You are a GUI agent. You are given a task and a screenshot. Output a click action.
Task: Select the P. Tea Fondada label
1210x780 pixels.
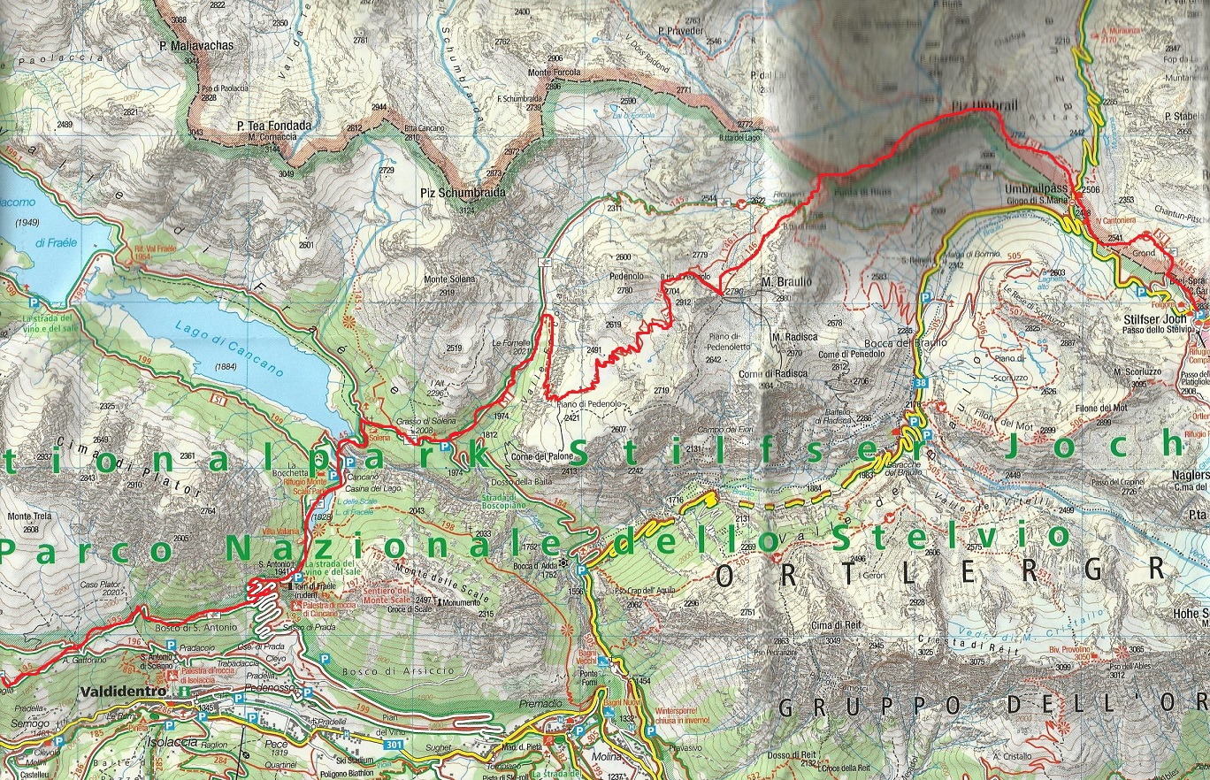coord(274,126)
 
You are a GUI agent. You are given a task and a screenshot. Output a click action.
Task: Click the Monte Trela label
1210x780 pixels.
coord(26,516)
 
